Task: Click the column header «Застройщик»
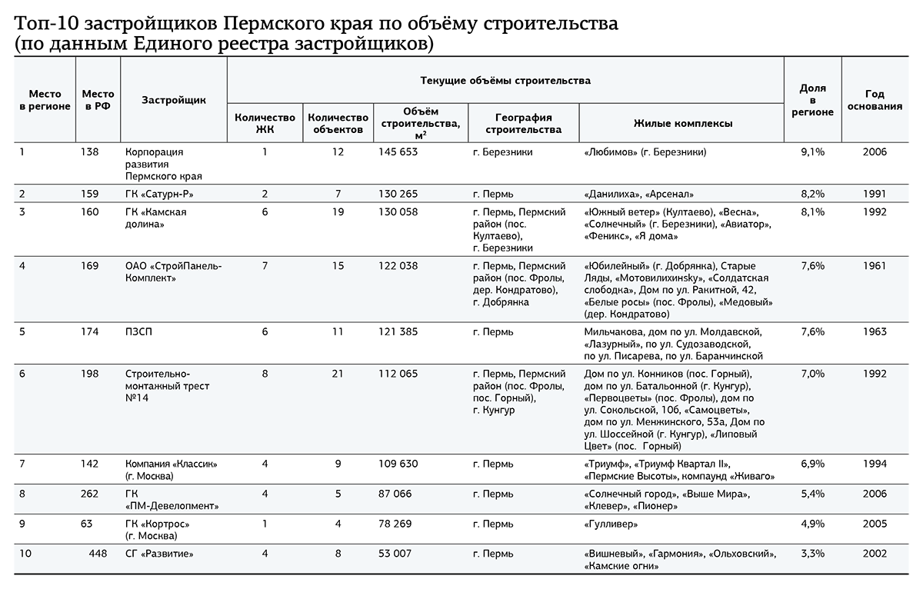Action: [x=174, y=100]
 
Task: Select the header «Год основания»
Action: [x=875, y=100]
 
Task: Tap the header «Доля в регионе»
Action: [x=812, y=100]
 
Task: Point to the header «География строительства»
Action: [x=523, y=123]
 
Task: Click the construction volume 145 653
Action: [x=398, y=152]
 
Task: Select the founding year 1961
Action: [x=875, y=266]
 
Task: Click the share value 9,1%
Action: [x=812, y=152]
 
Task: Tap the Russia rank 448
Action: [x=98, y=554]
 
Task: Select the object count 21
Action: [x=338, y=374]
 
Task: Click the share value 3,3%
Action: [x=812, y=554]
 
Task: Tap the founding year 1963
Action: [x=875, y=331]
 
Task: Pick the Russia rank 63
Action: [x=87, y=524]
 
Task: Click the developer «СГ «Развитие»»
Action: [x=159, y=554]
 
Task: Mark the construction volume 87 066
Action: [x=395, y=494]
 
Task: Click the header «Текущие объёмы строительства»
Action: [x=505, y=80]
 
